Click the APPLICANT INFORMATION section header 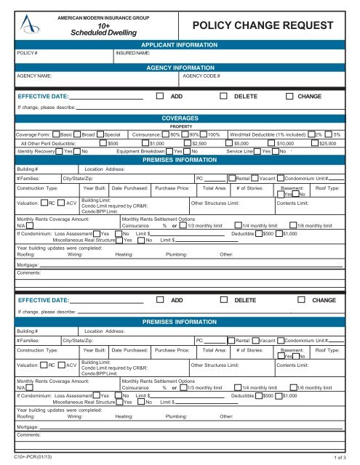coord(180,44)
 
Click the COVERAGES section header coord(180,116)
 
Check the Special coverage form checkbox coord(101,135)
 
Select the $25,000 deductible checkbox coord(315,143)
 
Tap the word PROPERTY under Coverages coord(180,126)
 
